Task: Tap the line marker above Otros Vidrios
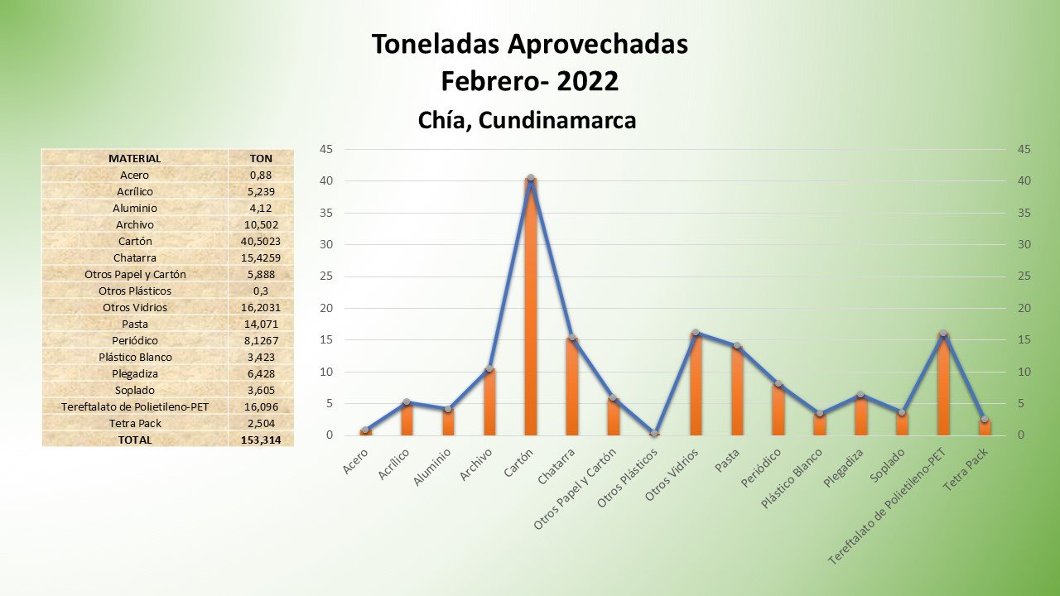(x=696, y=333)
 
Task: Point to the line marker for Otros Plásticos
(x=654, y=433)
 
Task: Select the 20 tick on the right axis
(x=1024, y=308)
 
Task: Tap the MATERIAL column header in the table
(x=134, y=158)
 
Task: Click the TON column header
(x=261, y=158)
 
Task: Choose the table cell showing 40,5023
(x=261, y=241)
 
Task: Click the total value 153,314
(x=261, y=440)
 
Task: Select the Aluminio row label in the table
(x=134, y=208)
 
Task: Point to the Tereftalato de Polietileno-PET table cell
(x=134, y=406)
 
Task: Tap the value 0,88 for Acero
(x=261, y=175)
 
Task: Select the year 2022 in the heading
(x=587, y=81)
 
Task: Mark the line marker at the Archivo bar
(x=489, y=369)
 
